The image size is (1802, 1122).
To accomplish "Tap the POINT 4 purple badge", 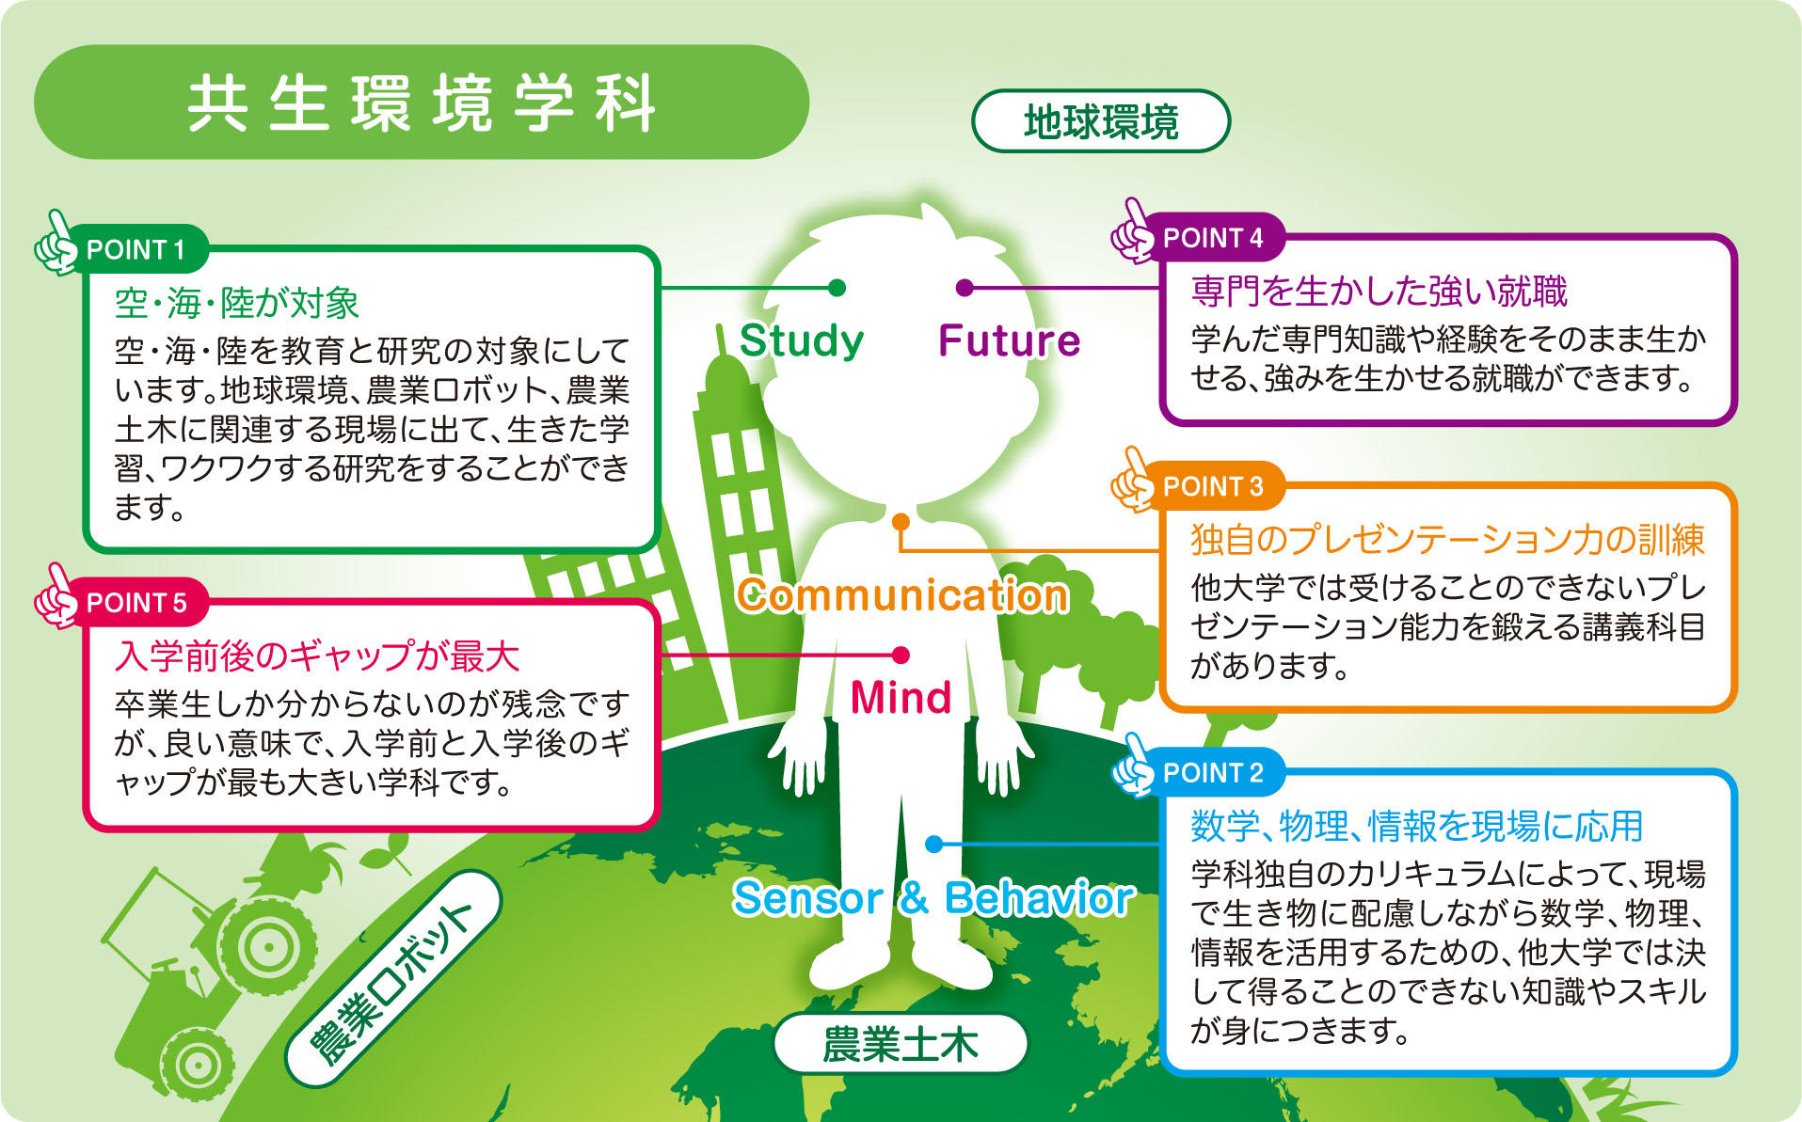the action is click(x=1213, y=239).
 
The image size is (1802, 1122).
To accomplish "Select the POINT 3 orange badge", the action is click(x=1213, y=487).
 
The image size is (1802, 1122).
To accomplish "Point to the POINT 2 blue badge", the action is click(x=1213, y=773).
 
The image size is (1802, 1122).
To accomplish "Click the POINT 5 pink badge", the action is click(x=137, y=603).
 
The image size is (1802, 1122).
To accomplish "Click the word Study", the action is click(x=802, y=340).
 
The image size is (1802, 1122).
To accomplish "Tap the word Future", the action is click(x=1010, y=340).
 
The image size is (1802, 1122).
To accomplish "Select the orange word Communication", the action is click(x=902, y=595).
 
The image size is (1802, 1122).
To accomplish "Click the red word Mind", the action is click(x=901, y=698).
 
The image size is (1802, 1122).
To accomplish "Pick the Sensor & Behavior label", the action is click(x=933, y=898).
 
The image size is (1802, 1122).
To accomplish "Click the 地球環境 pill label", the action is click(x=1101, y=121).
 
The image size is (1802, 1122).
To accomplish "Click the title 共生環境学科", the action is click(x=422, y=103).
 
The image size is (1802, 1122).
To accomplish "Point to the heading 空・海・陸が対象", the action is click(x=237, y=303).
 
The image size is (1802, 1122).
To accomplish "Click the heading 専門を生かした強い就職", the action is click(x=1379, y=292).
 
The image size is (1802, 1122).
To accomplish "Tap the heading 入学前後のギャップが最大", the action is click(x=317, y=656).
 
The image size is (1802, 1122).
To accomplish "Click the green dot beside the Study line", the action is click(x=837, y=287).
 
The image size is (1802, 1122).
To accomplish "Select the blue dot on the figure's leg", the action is click(x=934, y=845).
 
